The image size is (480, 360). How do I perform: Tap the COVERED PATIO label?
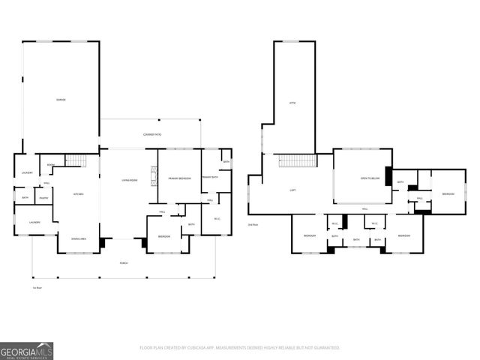click(153, 134)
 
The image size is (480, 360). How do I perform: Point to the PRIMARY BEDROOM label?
click(180, 178)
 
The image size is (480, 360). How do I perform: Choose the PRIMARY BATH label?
click(209, 177)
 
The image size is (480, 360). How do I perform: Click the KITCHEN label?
click(78, 195)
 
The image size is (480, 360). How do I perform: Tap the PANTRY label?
click(44, 198)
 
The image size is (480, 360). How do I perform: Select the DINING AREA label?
click(78, 238)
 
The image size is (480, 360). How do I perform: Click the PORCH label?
click(124, 263)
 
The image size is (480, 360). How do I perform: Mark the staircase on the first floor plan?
click(77, 159)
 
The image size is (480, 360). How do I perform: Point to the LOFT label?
click(292, 190)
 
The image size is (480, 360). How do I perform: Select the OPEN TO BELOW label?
click(368, 178)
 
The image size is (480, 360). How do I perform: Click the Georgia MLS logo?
click(26, 349)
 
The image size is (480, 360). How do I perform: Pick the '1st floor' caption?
click(36, 287)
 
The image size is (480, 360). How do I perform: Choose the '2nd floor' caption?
click(253, 224)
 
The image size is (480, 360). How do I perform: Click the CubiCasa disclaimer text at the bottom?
click(239, 348)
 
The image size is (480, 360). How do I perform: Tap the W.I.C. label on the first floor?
click(217, 219)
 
